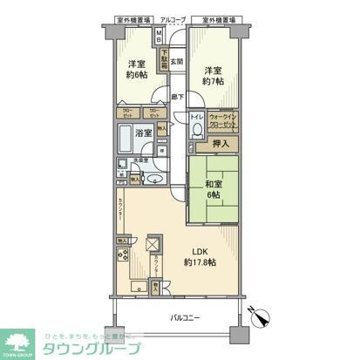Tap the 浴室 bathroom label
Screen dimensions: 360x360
click(x=143, y=132)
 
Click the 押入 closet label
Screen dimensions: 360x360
click(x=222, y=144)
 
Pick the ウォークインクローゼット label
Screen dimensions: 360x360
click(x=223, y=123)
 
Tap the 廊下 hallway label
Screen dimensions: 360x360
click(x=176, y=97)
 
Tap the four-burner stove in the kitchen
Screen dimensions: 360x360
click(x=123, y=260)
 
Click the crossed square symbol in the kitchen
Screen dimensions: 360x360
click(x=153, y=245)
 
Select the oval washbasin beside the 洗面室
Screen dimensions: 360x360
click(x=153, y=180)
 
